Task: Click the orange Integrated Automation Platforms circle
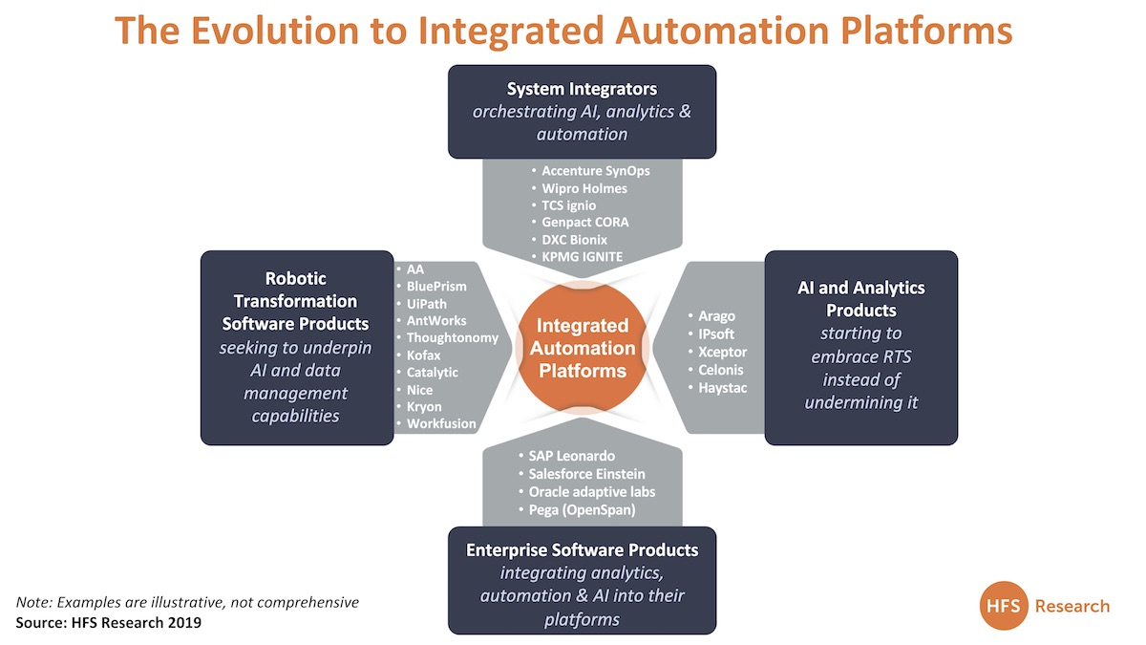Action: click(x=582, y=348)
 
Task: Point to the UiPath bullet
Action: click(x=427, y=303)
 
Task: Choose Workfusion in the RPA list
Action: click(x=441, y=423)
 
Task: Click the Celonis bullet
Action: click(x=720, y=369)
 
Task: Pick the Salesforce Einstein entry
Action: click(x=586, y=474)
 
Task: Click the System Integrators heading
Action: click(x=582, y=89)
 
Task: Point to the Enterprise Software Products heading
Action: click(x=582, y=550)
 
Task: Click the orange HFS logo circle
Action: click(x=1007, y=606)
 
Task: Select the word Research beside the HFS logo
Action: click(x=1072, y=606)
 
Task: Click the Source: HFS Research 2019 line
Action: click(x=109, y=622)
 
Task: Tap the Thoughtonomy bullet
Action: click(x=452, y=337)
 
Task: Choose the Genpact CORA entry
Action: click(x=584, y=223)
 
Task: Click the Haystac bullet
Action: click(x=723, y=387)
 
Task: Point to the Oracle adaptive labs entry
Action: click(x=591, y=491)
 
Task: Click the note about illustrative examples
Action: click(x=187, y=603)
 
